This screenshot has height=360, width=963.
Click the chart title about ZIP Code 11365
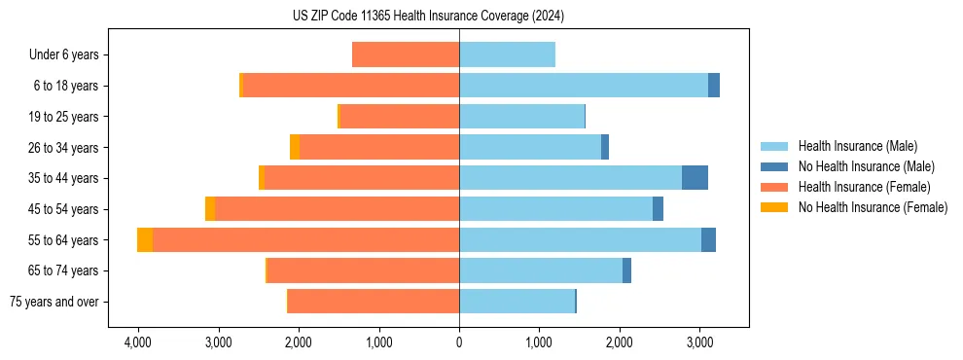click(x=428, y=17)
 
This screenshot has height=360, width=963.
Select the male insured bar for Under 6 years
click(x=507, y=54)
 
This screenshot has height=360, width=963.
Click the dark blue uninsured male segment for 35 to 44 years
click(x=695, y=178)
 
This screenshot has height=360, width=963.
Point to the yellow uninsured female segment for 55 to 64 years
click(x=145, y=239)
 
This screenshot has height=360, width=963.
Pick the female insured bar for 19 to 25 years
click(x=400, y=117)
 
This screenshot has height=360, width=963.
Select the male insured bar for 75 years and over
click(x=517, y=302)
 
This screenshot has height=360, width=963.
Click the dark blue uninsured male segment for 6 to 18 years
click(x=714, y=86)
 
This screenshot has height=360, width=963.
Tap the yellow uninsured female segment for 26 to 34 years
click(x=295, y=147)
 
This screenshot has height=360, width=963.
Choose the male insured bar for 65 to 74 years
click(x=541, y=270)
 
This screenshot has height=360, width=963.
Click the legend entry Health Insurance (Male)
click(x=857, y=146)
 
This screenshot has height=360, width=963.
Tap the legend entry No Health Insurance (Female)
click(x=873, y=207)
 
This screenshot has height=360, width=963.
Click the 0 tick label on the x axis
click(x=459, y=343)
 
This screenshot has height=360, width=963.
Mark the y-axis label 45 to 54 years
click(x=63, y=209)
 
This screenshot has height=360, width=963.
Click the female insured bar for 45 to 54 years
click(x=337, y=209)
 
